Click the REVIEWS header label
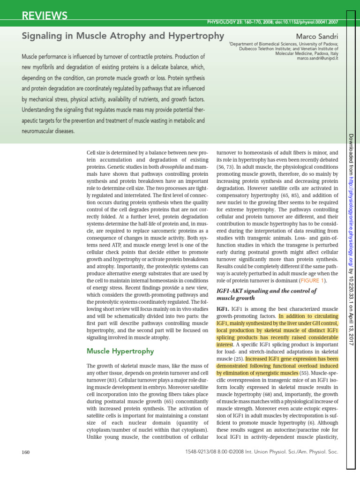pos(45,16)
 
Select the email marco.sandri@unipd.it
pos(317,59)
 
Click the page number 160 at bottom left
pos(26,452)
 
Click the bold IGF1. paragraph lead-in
pos(222,309)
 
